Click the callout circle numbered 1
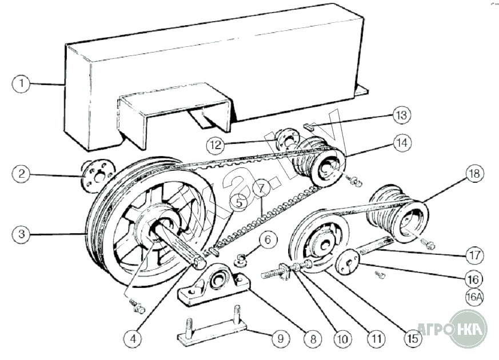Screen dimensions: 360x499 [21, 84]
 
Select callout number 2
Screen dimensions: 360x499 [21, 174]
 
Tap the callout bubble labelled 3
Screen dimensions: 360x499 [21, 233]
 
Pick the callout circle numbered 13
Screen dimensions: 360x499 [402, 115]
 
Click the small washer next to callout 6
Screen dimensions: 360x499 [241, 262]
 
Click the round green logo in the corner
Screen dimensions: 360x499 [468, 329]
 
